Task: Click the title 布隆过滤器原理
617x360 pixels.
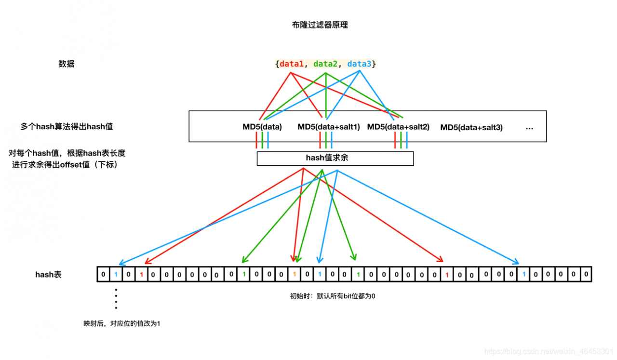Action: click(x=320, y=25)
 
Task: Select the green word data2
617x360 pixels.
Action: click(x=326, y=64)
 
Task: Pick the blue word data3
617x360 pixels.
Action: click(x=360, y=64)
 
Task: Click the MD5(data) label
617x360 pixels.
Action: click(x=262, y=127)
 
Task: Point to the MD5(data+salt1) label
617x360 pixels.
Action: click(x=329, y=127)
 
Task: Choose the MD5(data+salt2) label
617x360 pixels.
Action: click(x=398, y=127)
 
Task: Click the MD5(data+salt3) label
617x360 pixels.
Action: click(x=471, y=127)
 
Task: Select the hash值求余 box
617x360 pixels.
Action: click(x=335, y=158)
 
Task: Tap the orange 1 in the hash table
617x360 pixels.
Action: click(x=295, y=274)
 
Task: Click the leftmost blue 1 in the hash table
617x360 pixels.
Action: click(x=116, y=274)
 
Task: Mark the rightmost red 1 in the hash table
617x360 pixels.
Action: click(x=447, y=275)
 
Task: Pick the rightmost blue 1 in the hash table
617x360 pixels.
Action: click(x=523, y=274)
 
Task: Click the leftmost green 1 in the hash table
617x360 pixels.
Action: click(x=244, y=274)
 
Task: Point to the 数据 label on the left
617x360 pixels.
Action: click(x=67, y=64)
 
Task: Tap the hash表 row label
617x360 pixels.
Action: click(x=48, y=275)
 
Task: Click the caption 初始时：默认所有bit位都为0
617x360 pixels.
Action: click(x=332, y=296)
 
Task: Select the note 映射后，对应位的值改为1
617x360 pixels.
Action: click(x=122, y=323)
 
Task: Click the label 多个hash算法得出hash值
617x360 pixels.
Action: click(x=66, y=127)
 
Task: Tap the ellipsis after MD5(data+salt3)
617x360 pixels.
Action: click(x=529, y=128)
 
